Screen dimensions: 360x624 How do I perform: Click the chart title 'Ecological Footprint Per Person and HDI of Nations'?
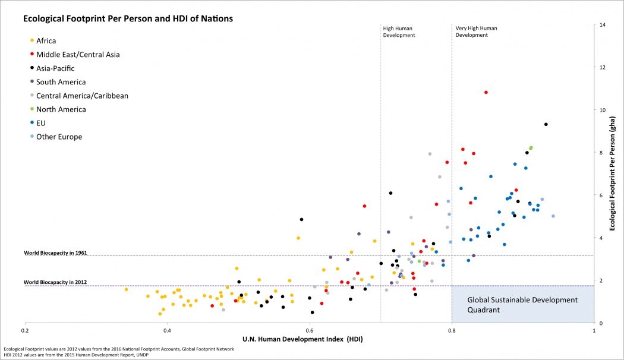pos(128,18)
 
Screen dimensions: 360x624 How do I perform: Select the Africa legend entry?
pos(46,40)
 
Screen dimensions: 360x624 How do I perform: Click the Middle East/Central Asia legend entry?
pos(78,54)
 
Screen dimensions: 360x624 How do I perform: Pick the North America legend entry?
pos(61,109)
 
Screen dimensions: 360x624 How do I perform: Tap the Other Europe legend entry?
pos(59,137)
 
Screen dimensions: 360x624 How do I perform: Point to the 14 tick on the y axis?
pos(603,25)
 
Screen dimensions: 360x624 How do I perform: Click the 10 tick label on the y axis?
pos(603,110)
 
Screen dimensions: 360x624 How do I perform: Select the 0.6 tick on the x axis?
pos(309,330)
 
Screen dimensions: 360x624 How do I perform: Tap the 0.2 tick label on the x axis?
pos(25,330)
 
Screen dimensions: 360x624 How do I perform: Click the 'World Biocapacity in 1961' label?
pos(55,252)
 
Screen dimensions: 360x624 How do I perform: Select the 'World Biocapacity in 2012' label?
pos(55,282)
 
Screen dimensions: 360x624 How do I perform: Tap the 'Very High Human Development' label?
pos(476,31)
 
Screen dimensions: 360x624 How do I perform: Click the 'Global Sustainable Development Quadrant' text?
pos(522,305)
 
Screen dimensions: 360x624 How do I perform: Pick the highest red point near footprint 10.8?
pos(486,92)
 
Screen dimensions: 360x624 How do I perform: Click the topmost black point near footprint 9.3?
pos(546,124)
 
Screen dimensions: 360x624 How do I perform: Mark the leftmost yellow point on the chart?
pos(126,289)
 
